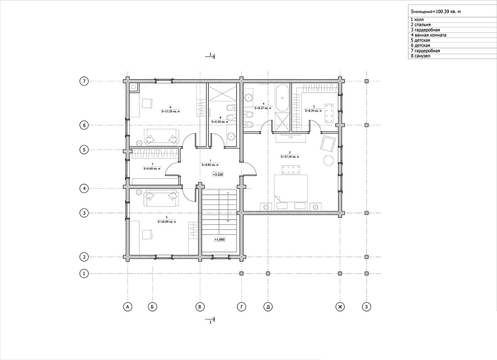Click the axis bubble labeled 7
[x=84, y=81]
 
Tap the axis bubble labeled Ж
[x=340, y=307]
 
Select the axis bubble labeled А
[x=128, y=307]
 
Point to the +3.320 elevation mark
[x=218, y=175]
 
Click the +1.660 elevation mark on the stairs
[x=219, y=239]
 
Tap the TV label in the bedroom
[x=291, y=137]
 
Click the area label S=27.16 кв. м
[x=290, y=156]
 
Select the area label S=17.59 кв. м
[x=170, y=111]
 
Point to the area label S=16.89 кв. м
[x=167, y=221]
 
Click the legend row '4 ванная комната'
[x=428, y=35]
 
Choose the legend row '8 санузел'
[x=420, y=56]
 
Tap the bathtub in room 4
[x=282, y=97]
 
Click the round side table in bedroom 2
[x=328, y=160]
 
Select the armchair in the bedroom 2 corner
[x=328, y=144]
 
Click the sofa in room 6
[x=162, y=137]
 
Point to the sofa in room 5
[x=162, y=198]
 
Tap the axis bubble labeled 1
[x=84, y=273]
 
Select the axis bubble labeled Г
[x=242, y=307]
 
